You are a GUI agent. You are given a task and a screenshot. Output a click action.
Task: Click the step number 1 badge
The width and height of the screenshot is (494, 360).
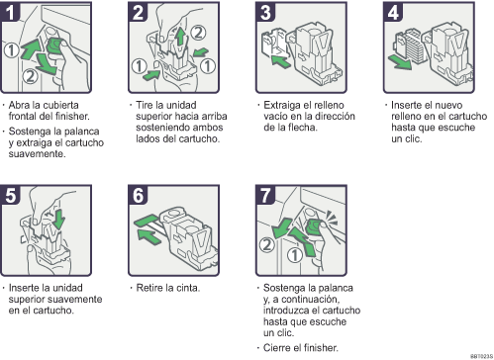pyautogui.click(x=10, y=12)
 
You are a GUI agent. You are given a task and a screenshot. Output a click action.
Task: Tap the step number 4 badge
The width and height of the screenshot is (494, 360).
pyautogui.click(x=393, y=12)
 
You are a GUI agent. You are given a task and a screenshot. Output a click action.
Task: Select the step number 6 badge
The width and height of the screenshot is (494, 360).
pyautogui.click(x=138, y=195)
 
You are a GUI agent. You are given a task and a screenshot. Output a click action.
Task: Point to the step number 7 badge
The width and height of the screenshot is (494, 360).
pyautogui.click(x=265, y=195)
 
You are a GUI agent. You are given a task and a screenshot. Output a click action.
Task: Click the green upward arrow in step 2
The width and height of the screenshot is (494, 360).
pyautogui.click(x=180, y=37)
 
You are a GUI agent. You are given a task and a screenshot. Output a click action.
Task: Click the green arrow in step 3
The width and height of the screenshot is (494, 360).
pyautogui.click(x=280, y=61)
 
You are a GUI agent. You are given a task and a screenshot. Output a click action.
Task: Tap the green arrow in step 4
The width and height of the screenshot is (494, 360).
pyautogui.click(x=400, y=62)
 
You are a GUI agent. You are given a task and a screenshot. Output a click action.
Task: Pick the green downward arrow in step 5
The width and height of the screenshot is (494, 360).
pyautogui.click(x=59, y=220)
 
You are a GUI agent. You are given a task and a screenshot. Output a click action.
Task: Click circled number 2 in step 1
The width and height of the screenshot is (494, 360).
pyautogui.click(x=30, y=76)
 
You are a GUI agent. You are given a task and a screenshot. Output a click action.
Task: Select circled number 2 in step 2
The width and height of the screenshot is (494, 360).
pyautogui.click(x=198, y=33)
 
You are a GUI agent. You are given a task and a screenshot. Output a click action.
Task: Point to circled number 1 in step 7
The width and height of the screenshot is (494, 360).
pyautogui.click(x=294, y=255)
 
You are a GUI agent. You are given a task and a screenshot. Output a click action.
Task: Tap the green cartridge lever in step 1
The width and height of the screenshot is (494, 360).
pyautogui.click(x=54, y=45)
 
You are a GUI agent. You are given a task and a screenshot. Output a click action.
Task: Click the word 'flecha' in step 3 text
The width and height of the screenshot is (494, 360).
pyautogui.click(x=303, y=128)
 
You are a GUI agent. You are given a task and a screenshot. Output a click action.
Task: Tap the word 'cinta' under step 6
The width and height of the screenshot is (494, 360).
pyautogui.click(x=187, y=288)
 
